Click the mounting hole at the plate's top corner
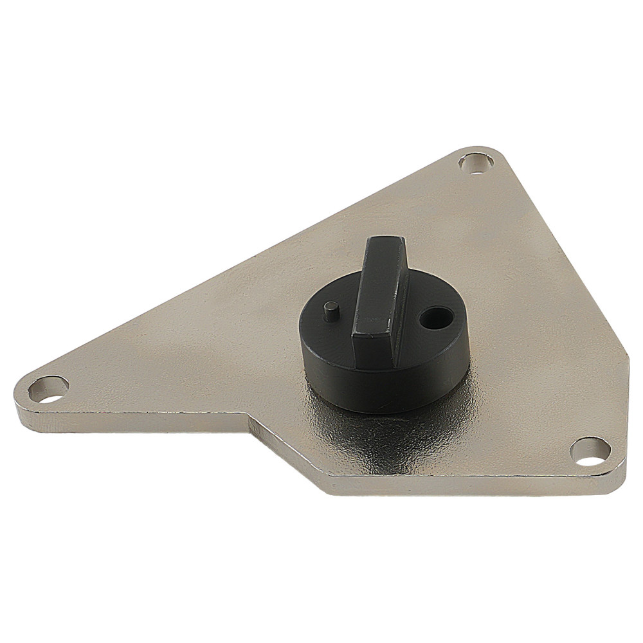pos(476,163)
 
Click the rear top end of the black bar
pos(386,241)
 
